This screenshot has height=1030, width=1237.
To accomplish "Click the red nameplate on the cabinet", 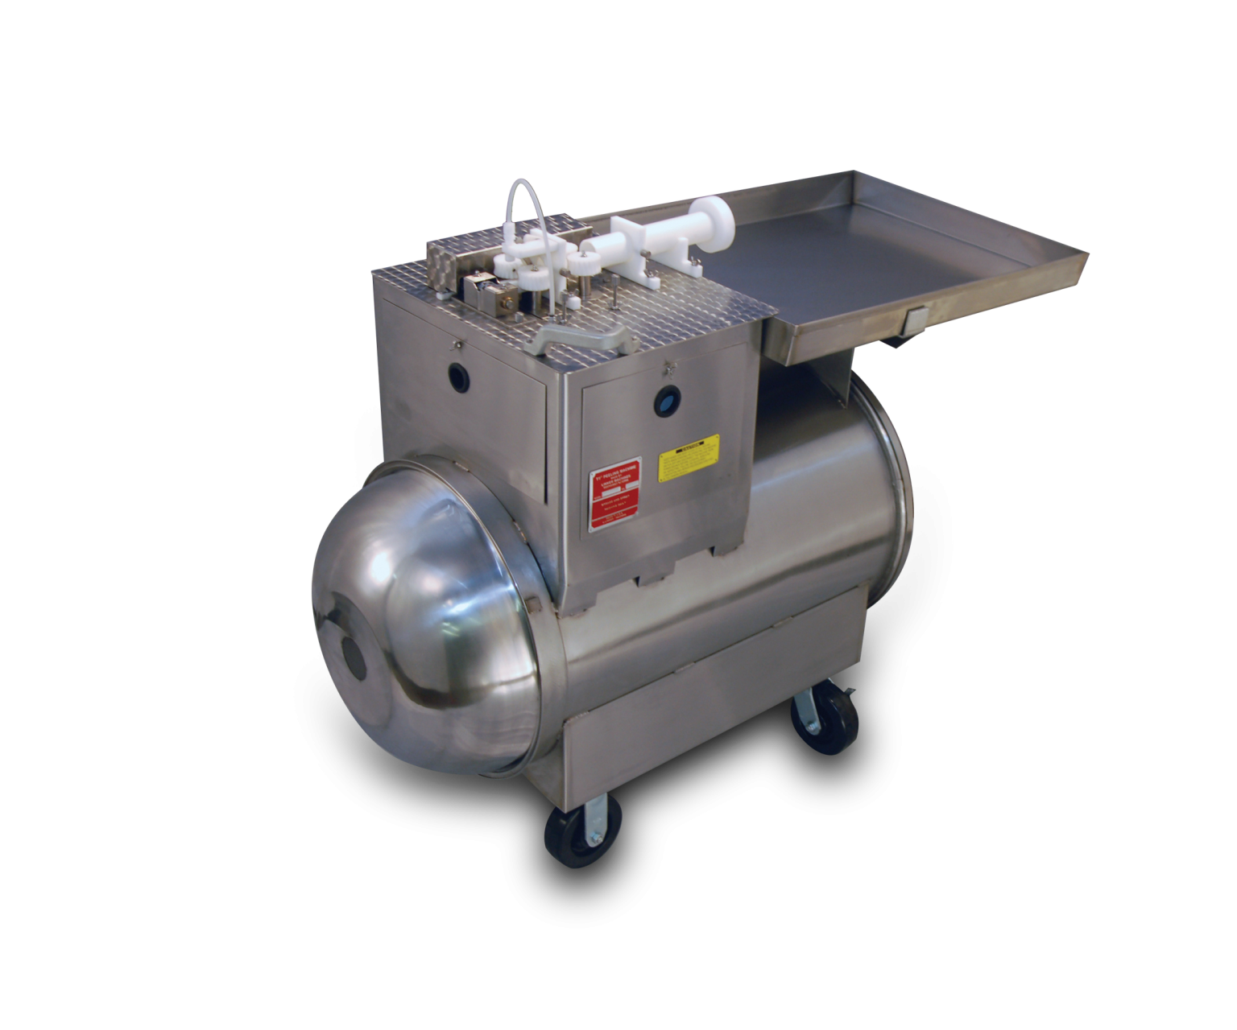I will point(615,498).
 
